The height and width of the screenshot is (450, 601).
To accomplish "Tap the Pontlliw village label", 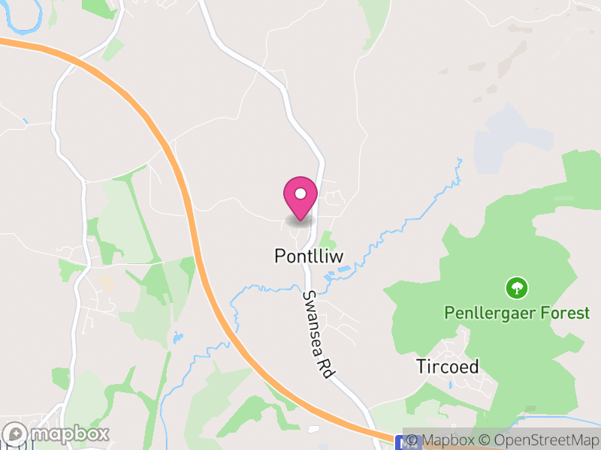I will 308,256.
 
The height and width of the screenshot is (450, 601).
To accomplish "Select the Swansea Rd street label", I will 318,334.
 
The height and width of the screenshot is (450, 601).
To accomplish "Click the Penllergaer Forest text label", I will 517,313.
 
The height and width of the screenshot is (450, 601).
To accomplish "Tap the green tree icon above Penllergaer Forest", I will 517,287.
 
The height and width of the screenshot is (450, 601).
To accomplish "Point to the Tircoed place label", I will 448,367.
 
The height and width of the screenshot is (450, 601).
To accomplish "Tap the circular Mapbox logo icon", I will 15,433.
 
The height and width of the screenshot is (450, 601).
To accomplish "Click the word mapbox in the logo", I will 69,433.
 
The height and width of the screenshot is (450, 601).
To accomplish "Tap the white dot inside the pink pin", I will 300,193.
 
